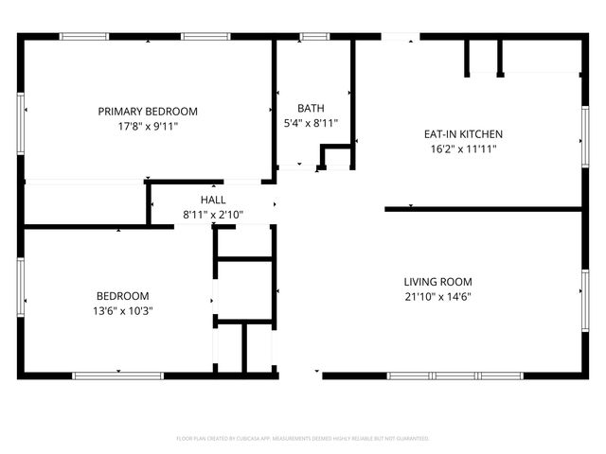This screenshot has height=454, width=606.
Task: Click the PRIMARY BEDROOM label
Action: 148,111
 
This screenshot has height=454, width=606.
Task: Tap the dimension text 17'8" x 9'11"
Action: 148,125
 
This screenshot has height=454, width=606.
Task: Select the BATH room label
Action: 311,108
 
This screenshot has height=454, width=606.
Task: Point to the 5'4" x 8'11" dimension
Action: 311,122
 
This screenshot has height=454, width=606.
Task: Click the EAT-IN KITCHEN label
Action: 462,134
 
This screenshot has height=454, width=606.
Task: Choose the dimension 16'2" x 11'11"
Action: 462,148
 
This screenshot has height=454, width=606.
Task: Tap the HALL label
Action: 213,200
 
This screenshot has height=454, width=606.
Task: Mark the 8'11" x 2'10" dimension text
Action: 213,214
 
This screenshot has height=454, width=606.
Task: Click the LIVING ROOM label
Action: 437,282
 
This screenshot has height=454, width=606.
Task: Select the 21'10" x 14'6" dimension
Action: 437,296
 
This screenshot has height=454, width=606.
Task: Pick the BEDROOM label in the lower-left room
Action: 122,295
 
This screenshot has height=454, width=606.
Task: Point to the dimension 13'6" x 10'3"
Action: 122,309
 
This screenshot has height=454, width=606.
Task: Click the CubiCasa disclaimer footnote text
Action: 303,439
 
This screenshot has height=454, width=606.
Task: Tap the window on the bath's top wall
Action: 314,37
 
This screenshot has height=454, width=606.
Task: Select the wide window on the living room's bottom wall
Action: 454,375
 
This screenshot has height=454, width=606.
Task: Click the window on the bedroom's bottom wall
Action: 117,375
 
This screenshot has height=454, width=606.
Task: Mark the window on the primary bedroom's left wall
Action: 21,119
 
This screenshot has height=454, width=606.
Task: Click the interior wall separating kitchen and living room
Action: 483,209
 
